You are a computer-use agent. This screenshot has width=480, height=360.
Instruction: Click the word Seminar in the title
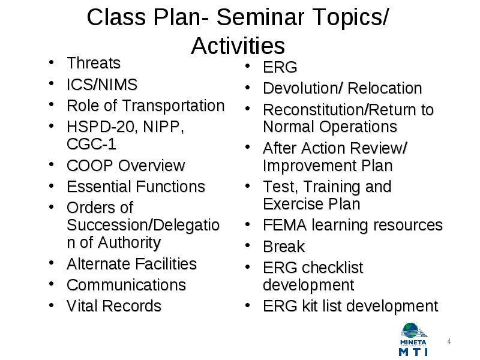pos(260,17)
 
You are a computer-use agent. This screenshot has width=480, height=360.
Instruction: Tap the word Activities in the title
pos(238,46)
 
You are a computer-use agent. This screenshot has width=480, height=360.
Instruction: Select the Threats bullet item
pos(94,63)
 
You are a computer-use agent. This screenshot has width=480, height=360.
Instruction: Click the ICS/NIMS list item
pos(102,85)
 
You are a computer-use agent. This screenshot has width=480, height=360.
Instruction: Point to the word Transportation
pos(173,106)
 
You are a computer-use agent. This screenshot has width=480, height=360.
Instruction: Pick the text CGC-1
pos(92,144)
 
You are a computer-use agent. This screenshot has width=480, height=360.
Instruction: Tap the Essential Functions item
pos(136,187)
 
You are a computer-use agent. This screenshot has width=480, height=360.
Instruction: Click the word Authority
pos(129,243)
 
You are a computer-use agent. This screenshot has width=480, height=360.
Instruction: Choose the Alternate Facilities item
pos(131,264)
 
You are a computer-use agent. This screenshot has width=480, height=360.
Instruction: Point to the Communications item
pos(127,285)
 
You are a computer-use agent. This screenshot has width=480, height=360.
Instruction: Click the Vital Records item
pos(114,306)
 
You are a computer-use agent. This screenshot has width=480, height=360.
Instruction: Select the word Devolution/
pos(303,88)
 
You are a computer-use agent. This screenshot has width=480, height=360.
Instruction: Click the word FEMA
pos(285,226)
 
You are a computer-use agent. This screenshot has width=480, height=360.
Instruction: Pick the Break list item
pos(284,247)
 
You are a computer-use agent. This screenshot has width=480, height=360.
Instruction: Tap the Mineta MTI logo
pos(414,339)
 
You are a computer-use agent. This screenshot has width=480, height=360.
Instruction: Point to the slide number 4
pos(449,341)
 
